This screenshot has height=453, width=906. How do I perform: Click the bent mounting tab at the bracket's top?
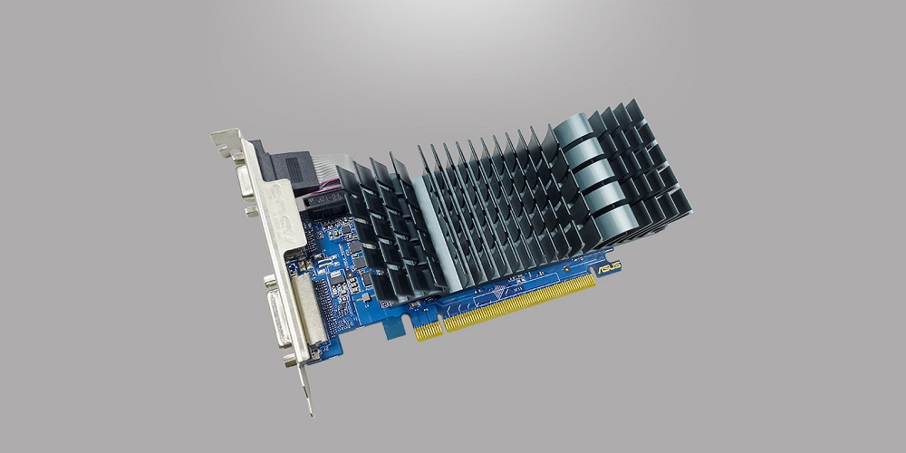pyautogui.click(x=226, y=141)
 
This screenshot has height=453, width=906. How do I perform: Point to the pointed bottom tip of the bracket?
pyautogui.click(x=311, y=412)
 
